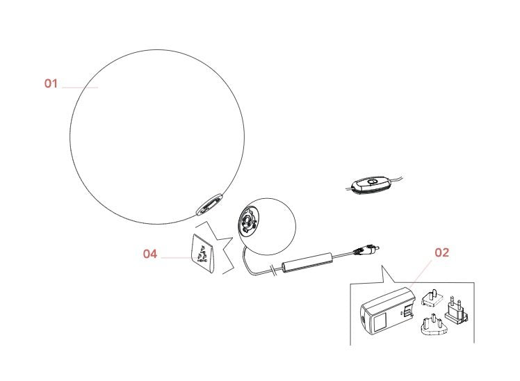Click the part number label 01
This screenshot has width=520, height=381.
point(51,83)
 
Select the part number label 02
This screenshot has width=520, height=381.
point(441,252)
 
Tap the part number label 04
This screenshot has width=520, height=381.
point(150,254)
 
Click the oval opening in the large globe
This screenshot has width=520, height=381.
point(209,204)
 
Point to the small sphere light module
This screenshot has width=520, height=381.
point(267,227)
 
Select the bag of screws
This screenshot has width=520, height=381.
point(202,253)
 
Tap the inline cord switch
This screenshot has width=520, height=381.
point(371,185)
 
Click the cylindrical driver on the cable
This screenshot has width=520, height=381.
point(307,263)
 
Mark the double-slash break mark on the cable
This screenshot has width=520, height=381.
point(273,270)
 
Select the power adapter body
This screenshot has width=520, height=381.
point(387,310)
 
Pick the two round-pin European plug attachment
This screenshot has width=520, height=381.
point(456,309)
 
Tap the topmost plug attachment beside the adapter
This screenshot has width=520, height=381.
point(432,298)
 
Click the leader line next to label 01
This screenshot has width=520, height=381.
point(80,88)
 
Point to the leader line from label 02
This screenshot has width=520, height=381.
point(420,274)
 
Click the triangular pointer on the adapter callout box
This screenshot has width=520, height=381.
point(387,275)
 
